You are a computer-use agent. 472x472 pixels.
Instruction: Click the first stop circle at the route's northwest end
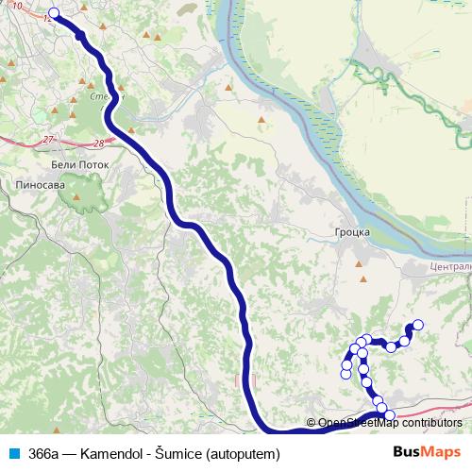[53, 13]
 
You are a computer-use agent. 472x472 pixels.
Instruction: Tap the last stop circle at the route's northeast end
[418, 326]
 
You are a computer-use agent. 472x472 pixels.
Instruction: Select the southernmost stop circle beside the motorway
[388, 415]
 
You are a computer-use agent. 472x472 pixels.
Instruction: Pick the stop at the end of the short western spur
[346, 374]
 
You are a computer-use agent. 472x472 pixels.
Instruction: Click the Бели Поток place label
[81, 164]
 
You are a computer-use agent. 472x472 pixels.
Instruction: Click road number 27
[48, 140]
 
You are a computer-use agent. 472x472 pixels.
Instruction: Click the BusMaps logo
[424, 453]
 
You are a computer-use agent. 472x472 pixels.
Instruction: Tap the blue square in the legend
[13, 453]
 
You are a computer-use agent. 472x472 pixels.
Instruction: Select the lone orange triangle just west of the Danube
[228, 90]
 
